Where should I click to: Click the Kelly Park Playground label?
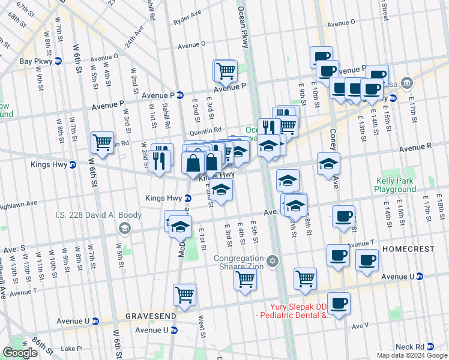(396, 185)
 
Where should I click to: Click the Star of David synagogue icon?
(273, 261)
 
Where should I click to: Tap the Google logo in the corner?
(20, 353)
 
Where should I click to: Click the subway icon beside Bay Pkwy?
(58, 61)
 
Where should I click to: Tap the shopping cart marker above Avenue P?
(225, 71)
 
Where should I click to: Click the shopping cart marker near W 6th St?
(102, 143)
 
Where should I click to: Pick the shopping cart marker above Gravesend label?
(184, 295)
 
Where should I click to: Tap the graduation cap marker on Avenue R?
(328, 164)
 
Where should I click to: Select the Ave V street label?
(360, 326)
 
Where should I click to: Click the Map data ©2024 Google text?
(411, 355)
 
